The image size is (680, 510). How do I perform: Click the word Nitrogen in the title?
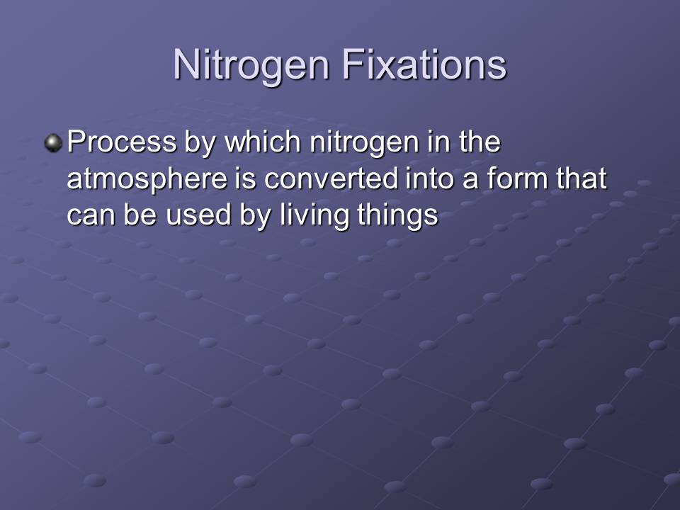coord(251,65)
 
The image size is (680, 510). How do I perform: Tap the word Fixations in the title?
coord(424,64)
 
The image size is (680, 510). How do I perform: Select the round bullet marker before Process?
coord(53,143)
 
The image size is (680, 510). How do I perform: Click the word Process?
coord(122,142)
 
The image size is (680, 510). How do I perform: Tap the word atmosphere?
coord(147,178)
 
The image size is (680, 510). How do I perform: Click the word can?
coord(91,215)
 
